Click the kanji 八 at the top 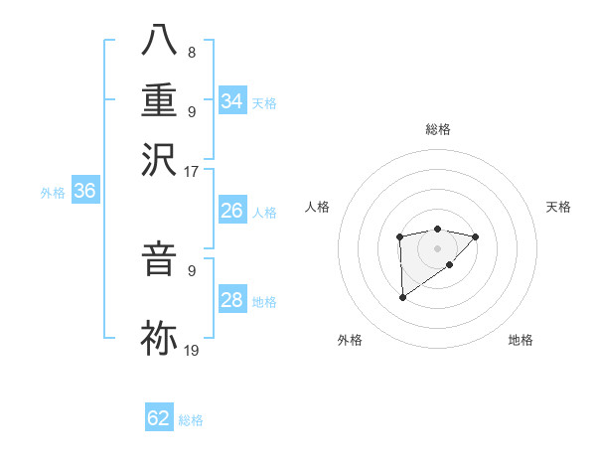[159, 40]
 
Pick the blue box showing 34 [232, 101]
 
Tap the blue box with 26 [232, 211]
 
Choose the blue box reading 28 [232, 300]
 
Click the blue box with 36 [84, 192]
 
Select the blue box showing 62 [159, 418]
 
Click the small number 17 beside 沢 [192, 171]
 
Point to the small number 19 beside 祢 [192, 350]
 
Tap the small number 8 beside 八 [191, 52]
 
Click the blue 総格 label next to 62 [191, 420]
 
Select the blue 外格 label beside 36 [53, 194]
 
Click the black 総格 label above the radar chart [437, 129]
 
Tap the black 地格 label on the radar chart [521, 341]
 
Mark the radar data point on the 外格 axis [402, 296]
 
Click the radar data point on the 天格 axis [476, 236]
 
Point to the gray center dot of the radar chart [437, 247]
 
